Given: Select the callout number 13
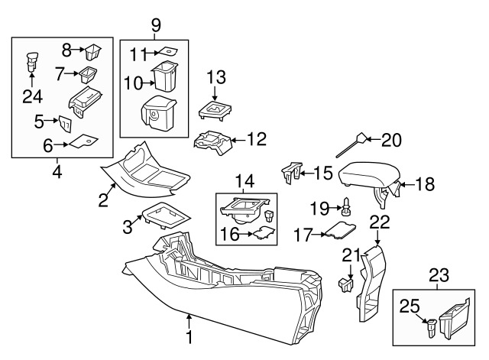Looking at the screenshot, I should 216,76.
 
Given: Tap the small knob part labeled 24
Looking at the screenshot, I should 31,59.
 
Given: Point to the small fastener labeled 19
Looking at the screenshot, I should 348,204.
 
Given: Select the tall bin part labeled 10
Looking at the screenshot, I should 164,78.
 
